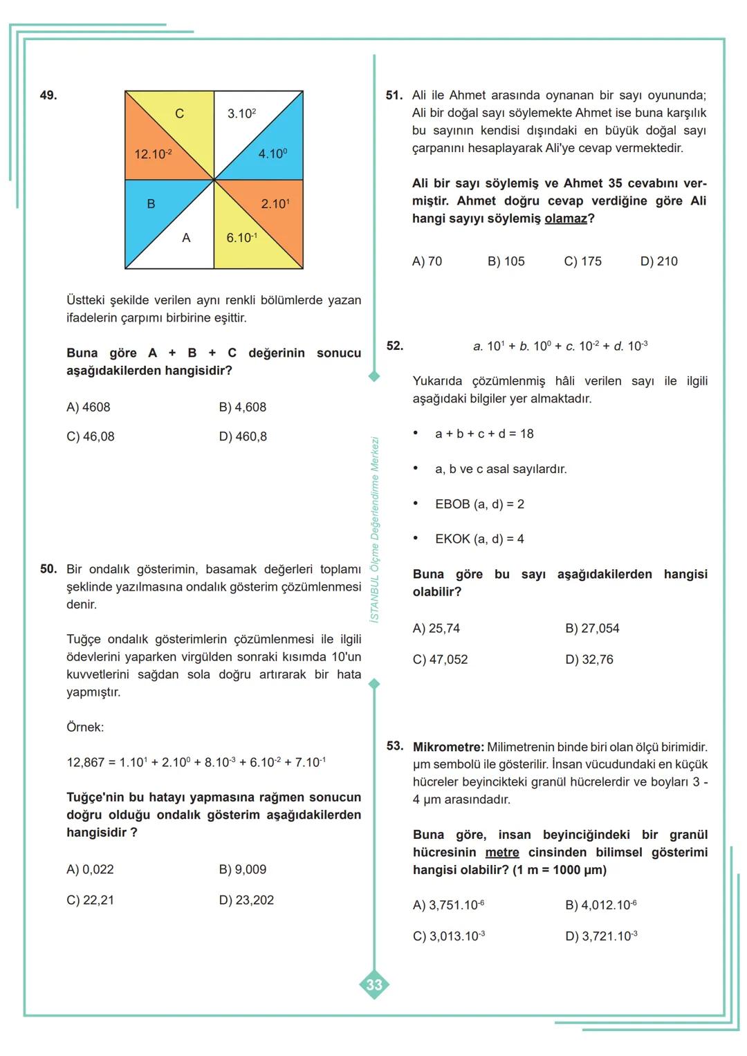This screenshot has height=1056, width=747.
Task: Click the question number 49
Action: [x=48, y=95]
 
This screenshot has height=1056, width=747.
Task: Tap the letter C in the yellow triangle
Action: [x=179, y=114]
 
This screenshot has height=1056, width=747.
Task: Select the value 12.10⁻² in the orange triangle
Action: [x=153, y=154]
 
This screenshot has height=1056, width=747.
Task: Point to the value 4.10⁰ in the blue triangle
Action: [x=273, y=154]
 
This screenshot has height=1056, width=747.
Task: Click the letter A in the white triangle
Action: [x=186, y=238]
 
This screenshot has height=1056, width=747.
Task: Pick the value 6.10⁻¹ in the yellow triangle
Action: [x=242, y=238]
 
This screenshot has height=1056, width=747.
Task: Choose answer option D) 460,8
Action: [x=243, y=437]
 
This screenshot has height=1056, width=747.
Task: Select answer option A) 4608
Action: [x=89, y=407]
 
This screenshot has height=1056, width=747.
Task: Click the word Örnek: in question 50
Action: [x=85, y=728]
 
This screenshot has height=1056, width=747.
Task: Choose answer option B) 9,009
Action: [x=243, y=869]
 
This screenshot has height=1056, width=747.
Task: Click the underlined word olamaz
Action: [x=566, y=219]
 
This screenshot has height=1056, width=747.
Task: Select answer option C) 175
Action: [x=583, y=261]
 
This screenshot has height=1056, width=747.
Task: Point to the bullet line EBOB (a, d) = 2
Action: [x=479, y=504]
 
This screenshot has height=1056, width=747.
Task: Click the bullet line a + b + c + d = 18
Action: [x=484, y=434]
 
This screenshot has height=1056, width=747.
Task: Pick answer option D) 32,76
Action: [x=589, y=660]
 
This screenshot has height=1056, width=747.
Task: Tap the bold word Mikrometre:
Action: [x=448, y=747]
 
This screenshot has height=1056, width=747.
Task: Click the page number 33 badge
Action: [x=374, y=985]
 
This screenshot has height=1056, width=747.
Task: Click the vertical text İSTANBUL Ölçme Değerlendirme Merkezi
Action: [x=375, y=529]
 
